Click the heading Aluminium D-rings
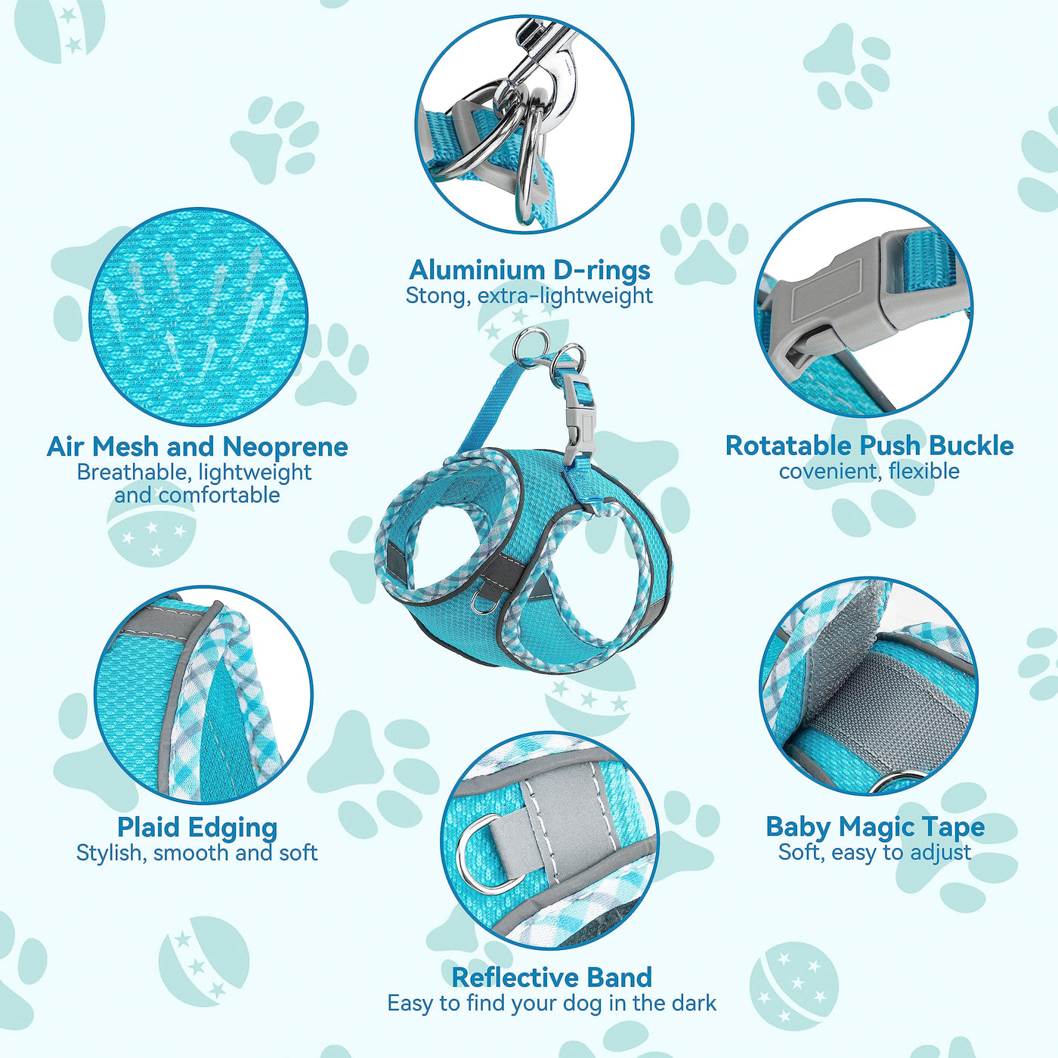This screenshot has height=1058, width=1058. (529, 270)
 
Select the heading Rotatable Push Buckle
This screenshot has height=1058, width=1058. (869, 446)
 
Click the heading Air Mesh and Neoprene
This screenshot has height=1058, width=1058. (197, 447)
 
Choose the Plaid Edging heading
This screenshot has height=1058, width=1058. (197, 828)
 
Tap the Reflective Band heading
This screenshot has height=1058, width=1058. (552, 978)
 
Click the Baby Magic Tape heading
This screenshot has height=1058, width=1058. (875, 828)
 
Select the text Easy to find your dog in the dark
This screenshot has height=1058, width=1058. (552, 1003)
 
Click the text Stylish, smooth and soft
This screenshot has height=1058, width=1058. (197, 852)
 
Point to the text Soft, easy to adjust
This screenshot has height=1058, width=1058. (875, 852)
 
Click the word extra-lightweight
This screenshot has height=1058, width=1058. (565, 296)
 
